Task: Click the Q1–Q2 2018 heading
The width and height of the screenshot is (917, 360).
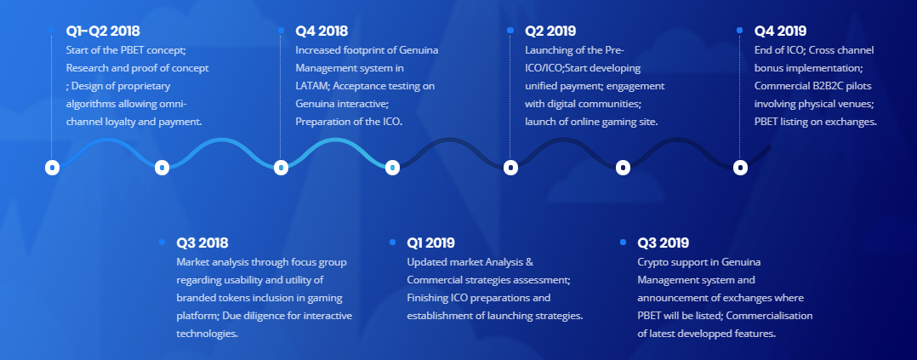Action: click(103, 31)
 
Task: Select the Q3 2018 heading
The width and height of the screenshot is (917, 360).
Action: click(202, 243)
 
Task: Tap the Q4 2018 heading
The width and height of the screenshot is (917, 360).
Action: click(322, 31)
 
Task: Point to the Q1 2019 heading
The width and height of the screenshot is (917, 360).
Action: click(431, 243)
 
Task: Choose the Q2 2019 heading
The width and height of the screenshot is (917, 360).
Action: click(550, 31)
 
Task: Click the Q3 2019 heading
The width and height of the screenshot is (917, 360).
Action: click(664, 243)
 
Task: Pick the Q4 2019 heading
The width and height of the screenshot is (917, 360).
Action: click(780, 31)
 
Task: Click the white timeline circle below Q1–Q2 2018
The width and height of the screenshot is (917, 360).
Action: click(53, 168)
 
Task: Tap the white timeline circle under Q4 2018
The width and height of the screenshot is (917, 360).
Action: click(281, 168)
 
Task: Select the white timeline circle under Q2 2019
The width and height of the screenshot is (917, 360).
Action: click(510, 168)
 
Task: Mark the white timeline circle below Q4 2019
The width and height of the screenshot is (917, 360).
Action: click(740, 168)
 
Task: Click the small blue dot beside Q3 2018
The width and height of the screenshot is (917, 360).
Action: click(162, 242)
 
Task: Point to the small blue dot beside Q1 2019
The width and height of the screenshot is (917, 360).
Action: click(392, 242)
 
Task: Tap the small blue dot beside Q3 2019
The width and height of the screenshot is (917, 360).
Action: click(623, 242)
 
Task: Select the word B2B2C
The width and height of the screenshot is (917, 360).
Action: click(825, 86)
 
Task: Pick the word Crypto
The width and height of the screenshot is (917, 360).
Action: click(652, 262)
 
